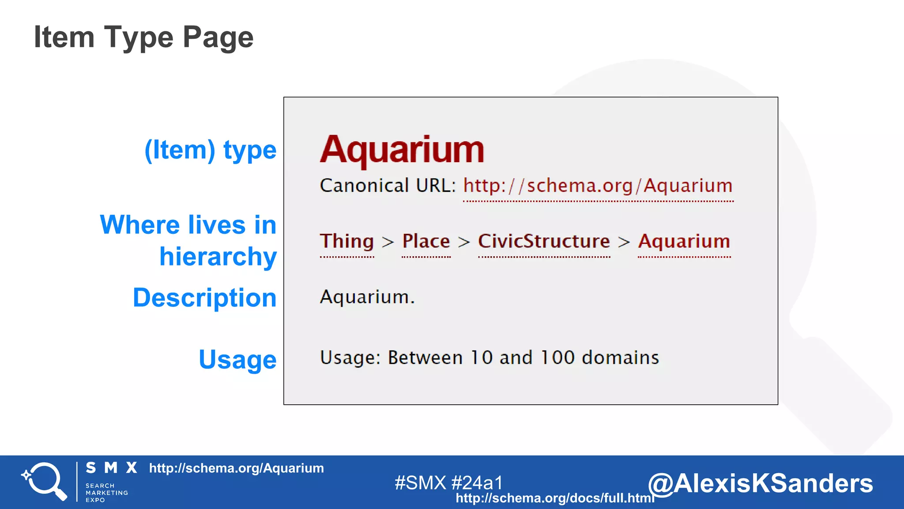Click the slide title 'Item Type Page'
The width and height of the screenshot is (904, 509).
click(143, 37)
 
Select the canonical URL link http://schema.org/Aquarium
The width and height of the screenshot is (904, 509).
click(598, 186)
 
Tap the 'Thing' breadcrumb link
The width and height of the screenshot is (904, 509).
click(347, 242)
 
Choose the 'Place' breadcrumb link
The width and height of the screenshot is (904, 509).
click(426, 242)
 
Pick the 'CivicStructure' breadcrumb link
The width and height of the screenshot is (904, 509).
click(544, 242)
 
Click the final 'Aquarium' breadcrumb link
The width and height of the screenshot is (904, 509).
click(684, 242)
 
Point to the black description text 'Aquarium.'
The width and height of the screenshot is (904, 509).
click(367, 297)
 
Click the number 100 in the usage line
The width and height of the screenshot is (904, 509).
click(557, 357)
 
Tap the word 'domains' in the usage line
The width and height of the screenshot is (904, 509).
click(620, 357)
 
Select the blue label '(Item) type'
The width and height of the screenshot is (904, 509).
click(211, 151)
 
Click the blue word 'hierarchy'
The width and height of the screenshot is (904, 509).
click(218, 257)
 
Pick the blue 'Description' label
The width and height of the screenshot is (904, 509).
click(205, 298)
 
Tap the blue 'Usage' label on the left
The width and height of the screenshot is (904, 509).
click(237, 360)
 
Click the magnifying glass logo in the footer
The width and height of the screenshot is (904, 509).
click(45, 481)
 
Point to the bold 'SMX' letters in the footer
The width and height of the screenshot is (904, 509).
click(111, 468)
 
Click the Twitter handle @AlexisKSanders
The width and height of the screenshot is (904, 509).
click(760, 483)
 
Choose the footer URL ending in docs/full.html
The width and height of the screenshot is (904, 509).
click(555, 498)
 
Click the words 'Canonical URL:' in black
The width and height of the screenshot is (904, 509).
click(388, 186)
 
